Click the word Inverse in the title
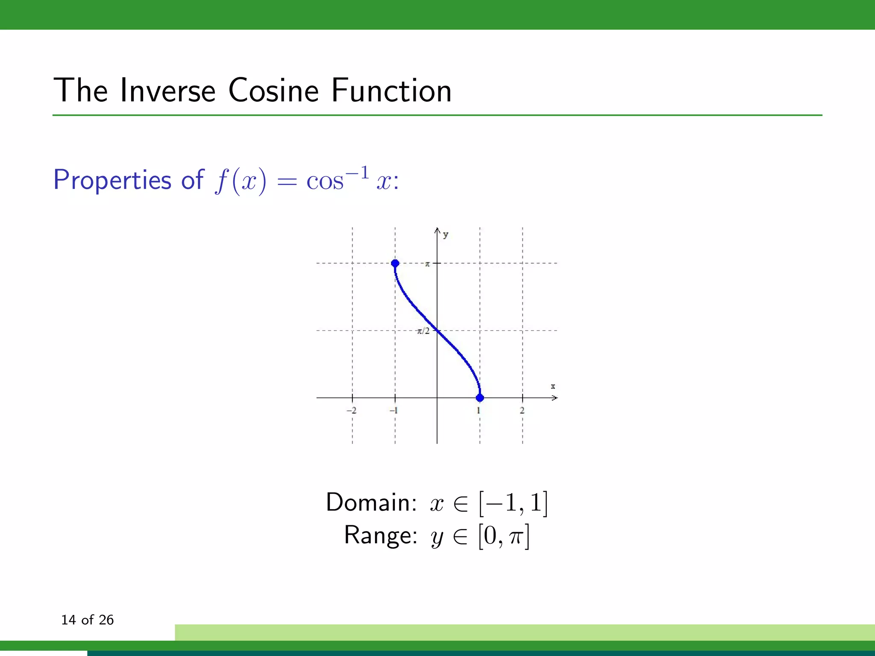coord(167,91)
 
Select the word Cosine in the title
coord(273,91)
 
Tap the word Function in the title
coord(391,91)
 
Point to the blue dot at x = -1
coord(395,263)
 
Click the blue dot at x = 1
coord(480,398)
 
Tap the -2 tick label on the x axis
coord(351,410)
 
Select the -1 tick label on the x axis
coord(393,410)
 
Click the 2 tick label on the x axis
coord(522,410)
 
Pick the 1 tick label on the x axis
coord(479,410)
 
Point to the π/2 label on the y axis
coord(423,331)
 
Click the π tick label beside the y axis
coord(427,264)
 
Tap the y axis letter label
coord(446,234)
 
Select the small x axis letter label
coord(553,387)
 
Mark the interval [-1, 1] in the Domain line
coord(513,503)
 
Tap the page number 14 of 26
coord(87,620)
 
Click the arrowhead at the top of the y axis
coord(437,231)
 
